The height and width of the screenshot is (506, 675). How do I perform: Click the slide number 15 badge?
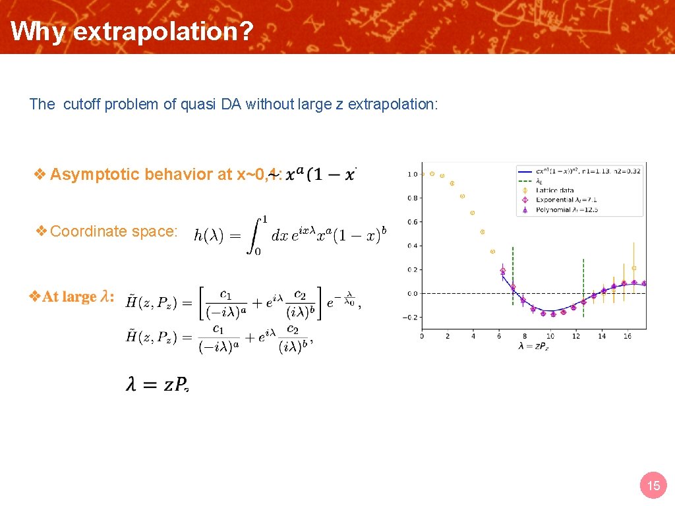click(653, 486)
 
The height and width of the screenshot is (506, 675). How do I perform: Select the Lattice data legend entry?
click(555, 190)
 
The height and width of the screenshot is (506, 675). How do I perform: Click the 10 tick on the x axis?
click(550, 336)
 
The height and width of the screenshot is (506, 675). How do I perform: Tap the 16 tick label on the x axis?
click(628, 336)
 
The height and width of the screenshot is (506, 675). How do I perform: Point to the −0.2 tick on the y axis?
click(411, 318)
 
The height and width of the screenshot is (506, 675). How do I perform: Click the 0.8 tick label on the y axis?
click(412, 198)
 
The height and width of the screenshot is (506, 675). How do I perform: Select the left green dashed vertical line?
click(513, 277)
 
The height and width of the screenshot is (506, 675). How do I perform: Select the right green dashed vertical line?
click(583, 290)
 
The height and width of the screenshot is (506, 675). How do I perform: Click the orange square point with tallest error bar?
click(634, 268)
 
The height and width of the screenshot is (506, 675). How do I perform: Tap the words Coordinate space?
click(113, 231)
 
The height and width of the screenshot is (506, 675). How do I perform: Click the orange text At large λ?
click(78, 296)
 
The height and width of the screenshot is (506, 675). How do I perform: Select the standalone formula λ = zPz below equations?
click(158, 385)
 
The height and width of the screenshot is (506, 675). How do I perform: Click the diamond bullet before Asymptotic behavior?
click(40, 174)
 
